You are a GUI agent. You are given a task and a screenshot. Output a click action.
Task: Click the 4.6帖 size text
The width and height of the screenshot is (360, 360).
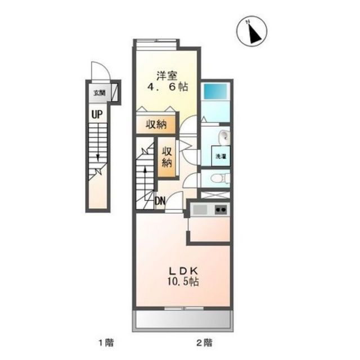(168, 88)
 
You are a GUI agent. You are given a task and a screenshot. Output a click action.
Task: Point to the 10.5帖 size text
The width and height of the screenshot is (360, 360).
(182, 282)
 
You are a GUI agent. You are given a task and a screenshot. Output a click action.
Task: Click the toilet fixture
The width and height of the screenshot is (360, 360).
(217, 178)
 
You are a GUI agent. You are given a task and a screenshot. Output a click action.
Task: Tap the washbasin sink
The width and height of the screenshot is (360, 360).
(223, 136)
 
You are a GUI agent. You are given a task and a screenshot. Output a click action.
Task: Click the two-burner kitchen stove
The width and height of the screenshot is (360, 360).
(220, 210)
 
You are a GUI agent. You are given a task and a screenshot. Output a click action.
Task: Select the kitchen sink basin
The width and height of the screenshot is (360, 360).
(200, 210)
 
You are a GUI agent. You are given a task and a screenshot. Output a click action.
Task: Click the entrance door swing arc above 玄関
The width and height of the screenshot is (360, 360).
(100, 71)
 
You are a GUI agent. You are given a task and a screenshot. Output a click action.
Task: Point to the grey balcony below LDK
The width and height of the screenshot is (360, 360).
(182, 321)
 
